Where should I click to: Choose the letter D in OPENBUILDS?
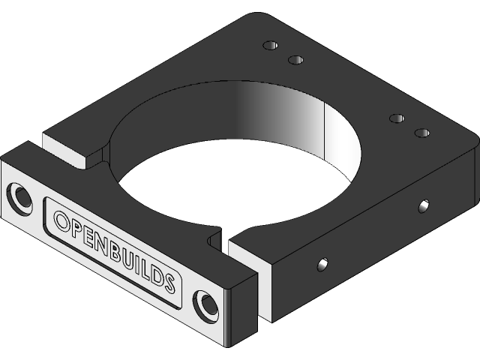coord(158,276)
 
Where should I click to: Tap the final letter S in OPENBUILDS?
coord(170,283)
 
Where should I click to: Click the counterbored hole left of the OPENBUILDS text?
coord(20,196)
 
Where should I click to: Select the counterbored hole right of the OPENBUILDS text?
coord(205,304)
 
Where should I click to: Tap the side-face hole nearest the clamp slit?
coord(322,264)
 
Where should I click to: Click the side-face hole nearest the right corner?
coord(424,205)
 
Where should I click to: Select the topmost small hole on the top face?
coord(269,45)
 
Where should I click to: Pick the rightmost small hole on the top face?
coord(422,133)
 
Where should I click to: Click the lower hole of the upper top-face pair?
coord(295,59)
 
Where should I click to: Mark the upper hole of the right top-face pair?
coord(397,118)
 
